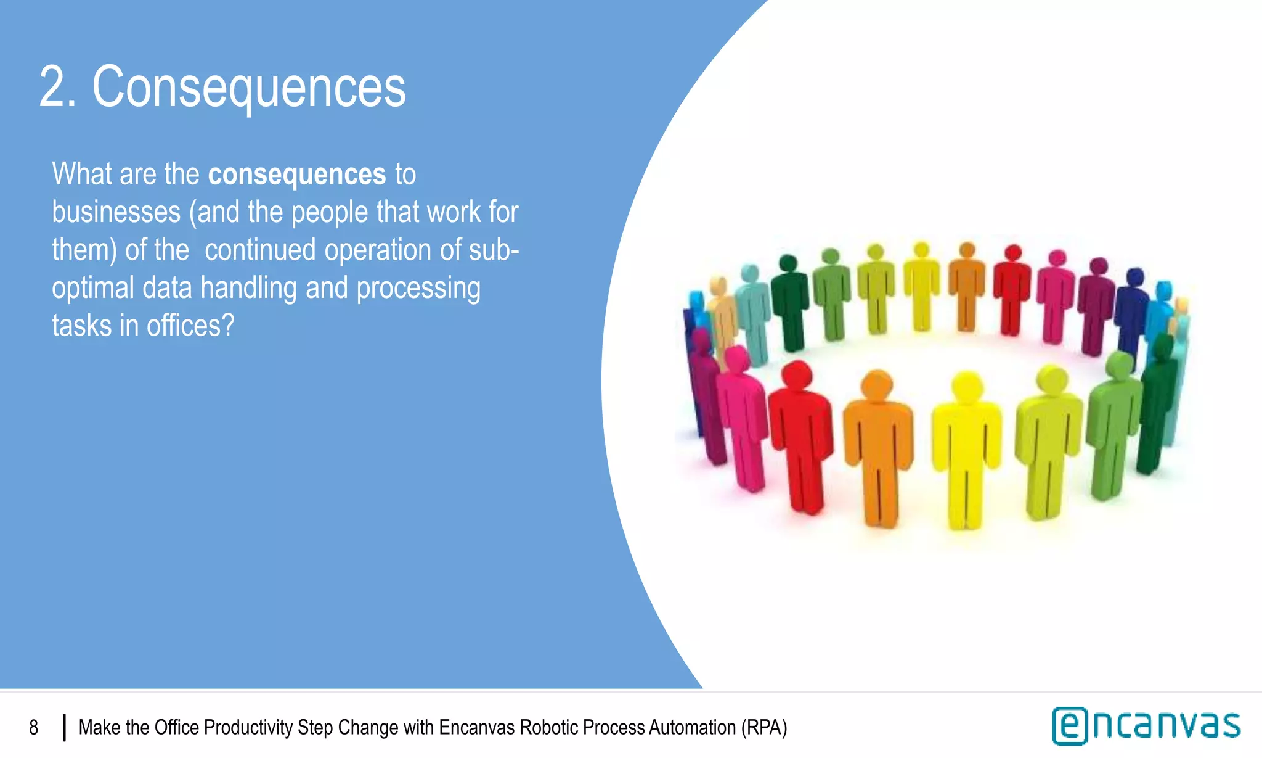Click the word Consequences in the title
(249, 88)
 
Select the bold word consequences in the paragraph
(297, 175)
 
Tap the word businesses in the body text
(116, 212)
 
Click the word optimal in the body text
(93, 289)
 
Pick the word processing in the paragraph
(418, 289)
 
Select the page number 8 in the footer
(34, 728)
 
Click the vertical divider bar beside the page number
(64, 728)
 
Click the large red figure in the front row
(800, 432)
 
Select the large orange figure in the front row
(879, 444)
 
